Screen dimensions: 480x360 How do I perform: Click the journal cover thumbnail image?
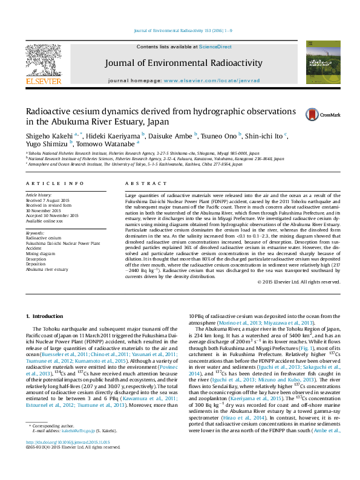(319, 62)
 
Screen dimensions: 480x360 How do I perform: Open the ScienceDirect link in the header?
(215, 47)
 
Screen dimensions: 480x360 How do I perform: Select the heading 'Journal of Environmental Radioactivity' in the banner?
(184, 63)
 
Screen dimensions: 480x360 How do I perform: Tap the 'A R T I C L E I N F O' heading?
(54, 183)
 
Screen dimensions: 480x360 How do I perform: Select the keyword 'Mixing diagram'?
(40, 254)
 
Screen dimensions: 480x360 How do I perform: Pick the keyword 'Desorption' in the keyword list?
(37, 259)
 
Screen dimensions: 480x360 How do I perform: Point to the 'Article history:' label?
(39, 195)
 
